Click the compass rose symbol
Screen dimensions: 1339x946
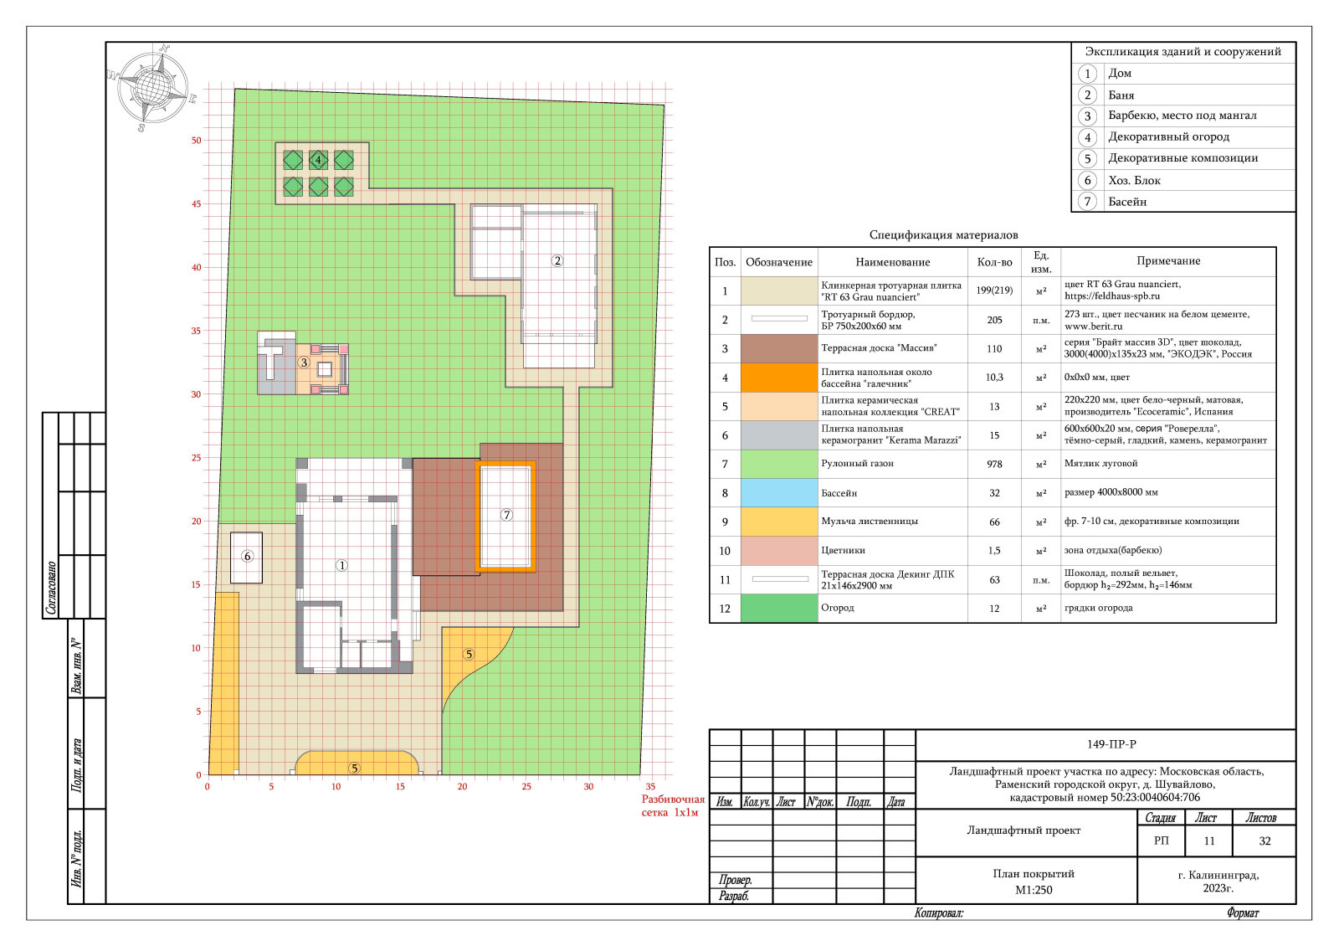click(153, 87)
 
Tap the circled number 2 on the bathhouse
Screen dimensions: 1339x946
click(557, 260)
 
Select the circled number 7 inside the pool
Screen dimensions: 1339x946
click(506, 515)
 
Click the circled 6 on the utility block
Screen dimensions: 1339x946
click(248, 557)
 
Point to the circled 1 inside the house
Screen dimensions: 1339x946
click(341, 565)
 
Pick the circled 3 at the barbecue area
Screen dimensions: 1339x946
click(304, 362)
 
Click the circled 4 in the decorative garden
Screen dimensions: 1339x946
click(318, 160)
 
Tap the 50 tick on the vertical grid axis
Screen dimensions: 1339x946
click(196, 141)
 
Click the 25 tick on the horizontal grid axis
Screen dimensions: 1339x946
click(526, 787)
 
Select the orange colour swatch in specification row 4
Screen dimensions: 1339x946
click(779, 378)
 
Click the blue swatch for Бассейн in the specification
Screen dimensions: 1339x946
click(779, 493)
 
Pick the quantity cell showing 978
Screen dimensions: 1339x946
click(994, 464)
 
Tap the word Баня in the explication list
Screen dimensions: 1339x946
click(1121, 95)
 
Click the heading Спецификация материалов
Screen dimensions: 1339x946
click(943, 235)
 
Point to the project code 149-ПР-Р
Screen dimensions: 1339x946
click(1111, 744)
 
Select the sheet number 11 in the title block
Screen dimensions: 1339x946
click(1209, 841)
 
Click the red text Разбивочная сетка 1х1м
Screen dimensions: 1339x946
click(673, 805)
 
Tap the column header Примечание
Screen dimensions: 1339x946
click(1168, 260)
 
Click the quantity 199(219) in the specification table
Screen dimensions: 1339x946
click(994, 290)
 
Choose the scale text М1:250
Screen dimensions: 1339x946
click(1034, 890)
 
